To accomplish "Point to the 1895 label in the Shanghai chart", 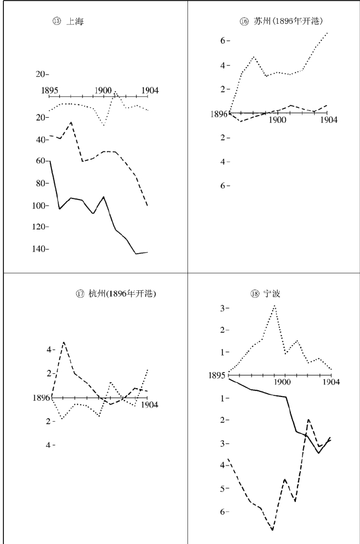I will point(50,90).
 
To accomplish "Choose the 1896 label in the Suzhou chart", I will point(219,114).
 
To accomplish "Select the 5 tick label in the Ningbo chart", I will point(223,489).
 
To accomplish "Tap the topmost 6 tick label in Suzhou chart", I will point(223,41).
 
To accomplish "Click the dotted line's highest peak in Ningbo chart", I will point(274,305).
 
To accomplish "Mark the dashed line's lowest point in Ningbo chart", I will point(272,530).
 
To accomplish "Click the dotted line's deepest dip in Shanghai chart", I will point(104,125).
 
